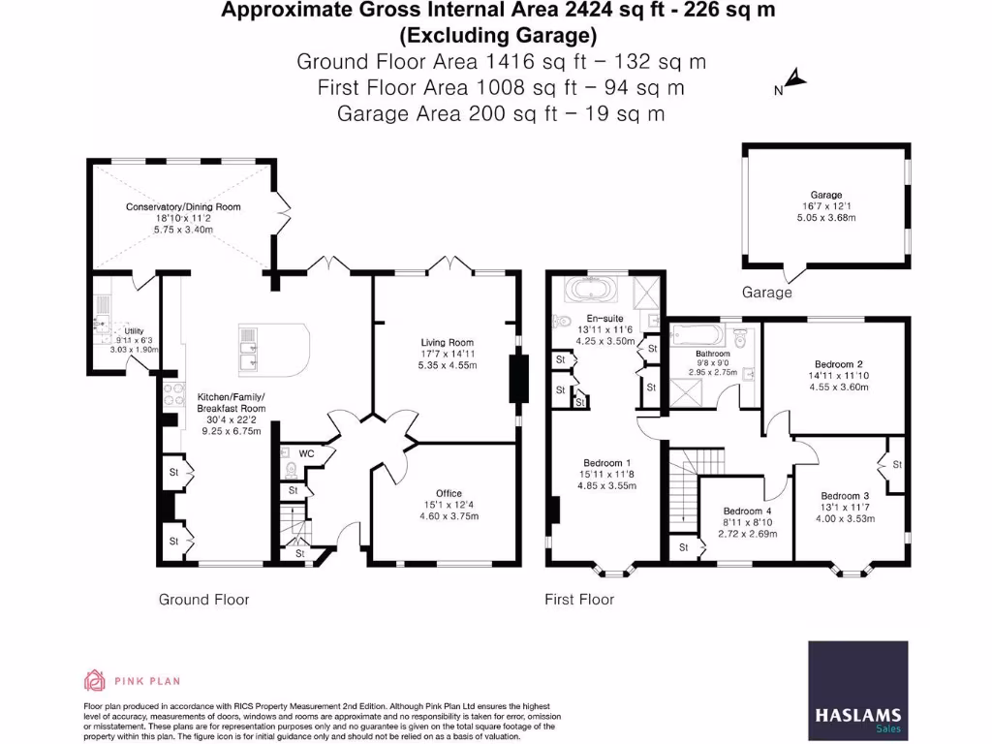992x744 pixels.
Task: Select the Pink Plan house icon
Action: point(94,680)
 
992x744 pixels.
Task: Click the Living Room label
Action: point(447,342)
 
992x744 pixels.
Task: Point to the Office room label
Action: point(448,493)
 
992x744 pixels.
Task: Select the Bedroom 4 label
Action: point(747,511)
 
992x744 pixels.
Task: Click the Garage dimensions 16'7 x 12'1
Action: point(825,206)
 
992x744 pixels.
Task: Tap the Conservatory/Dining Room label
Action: point(183,206)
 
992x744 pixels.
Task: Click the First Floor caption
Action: point(579,600)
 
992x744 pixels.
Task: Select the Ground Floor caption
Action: point(203,600)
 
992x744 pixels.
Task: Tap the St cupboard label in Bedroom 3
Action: point(896,465)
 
